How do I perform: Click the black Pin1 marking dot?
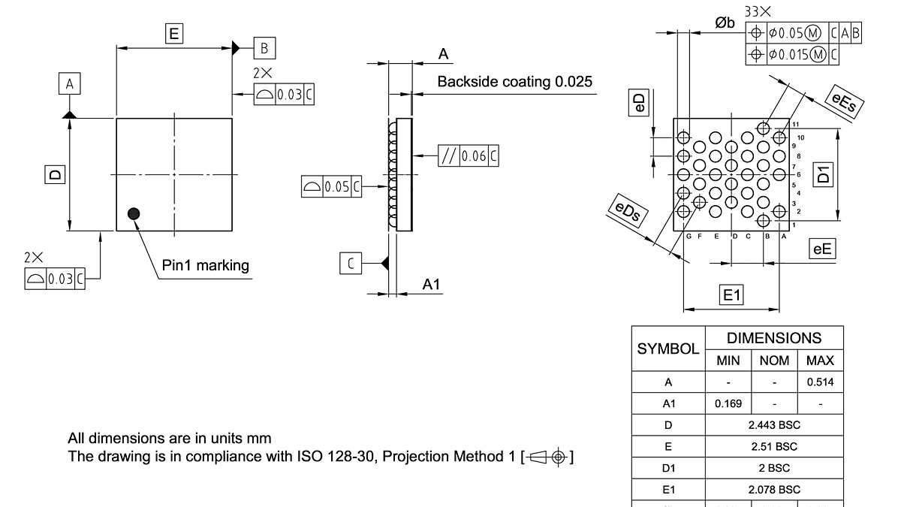coord(134,214)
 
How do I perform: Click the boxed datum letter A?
coord(69,84)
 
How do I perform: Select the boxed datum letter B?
coord(264,48)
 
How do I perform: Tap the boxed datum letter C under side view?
coord(351,263)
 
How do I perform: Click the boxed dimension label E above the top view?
coord(174,33)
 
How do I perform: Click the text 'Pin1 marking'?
coord(205,265)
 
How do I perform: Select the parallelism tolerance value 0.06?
coord(474,156)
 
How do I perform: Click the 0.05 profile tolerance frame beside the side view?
coord(331,186)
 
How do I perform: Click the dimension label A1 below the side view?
coord(431,284)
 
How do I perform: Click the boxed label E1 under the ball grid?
coord(731,295)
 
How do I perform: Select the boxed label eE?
coord(823,249)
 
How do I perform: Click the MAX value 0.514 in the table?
coord(820,382)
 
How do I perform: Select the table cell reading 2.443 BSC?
coord(775,425)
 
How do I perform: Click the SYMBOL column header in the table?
coord(668,349)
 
